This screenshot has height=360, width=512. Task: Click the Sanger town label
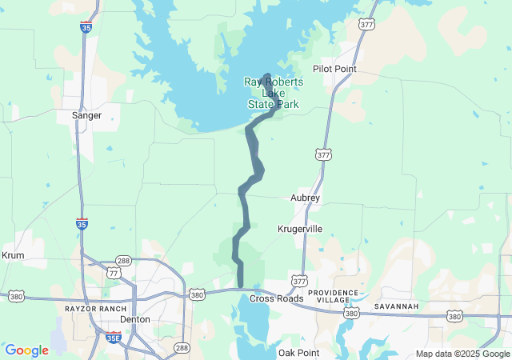(86, 115)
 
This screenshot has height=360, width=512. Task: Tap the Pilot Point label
(334, 69)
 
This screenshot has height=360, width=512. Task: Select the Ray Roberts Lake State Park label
(274, 93)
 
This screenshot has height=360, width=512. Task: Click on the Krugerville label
(300, 229)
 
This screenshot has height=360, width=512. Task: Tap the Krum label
(14, 255)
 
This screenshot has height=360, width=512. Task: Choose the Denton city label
(134, 318)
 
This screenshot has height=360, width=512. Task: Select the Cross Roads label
(277, 298)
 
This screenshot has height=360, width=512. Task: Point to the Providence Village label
(329, 297)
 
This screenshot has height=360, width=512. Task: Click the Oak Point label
(298, 353)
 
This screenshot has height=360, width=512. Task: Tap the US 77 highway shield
(114, 273)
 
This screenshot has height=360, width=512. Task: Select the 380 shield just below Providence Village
(350, 314)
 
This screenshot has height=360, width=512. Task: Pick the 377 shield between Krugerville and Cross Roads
(299, 282)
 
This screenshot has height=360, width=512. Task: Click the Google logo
(26, 350)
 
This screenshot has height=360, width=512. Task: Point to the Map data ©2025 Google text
(462, 354)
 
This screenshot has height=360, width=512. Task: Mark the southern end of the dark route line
(240, 285)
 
